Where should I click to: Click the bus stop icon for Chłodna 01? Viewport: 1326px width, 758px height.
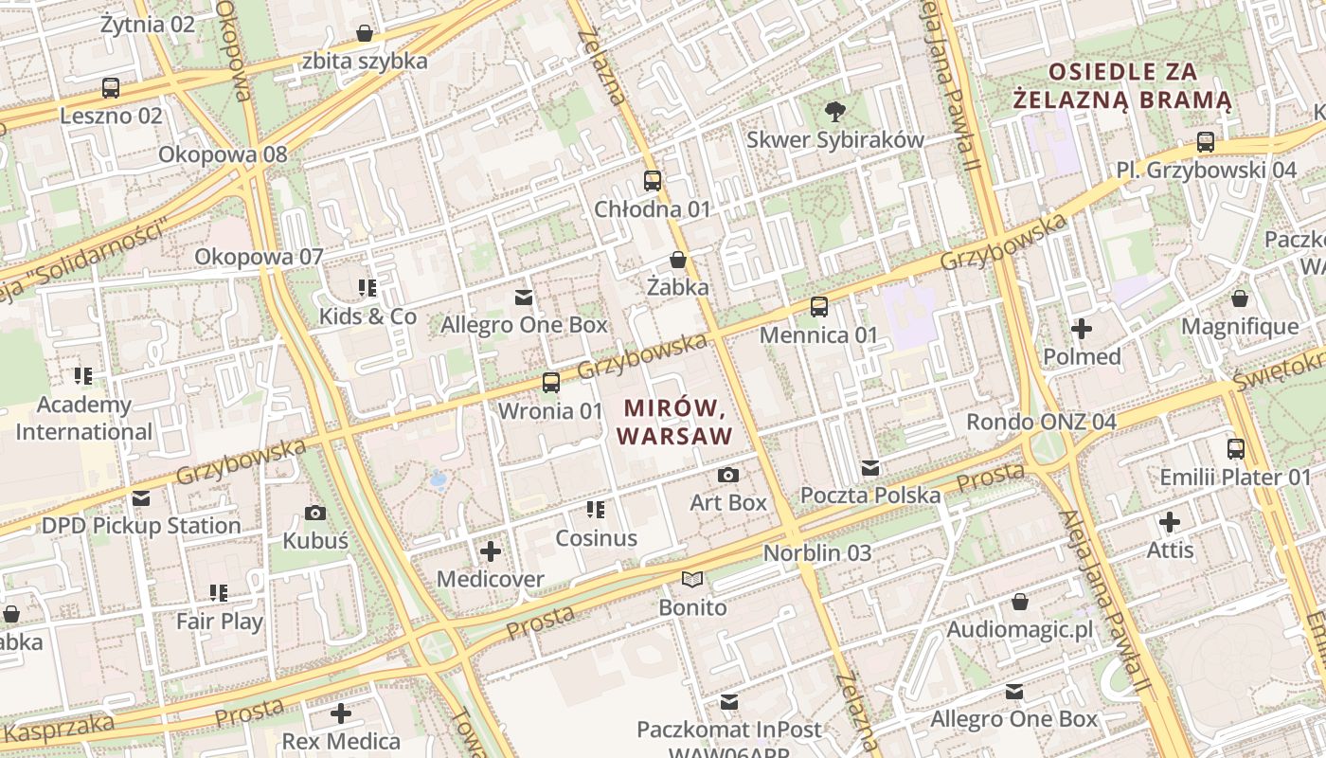(x=653, y=180)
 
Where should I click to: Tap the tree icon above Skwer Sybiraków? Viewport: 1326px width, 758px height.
(x=834, y=112)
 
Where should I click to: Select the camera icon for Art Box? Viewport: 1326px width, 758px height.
(x=727, y=475)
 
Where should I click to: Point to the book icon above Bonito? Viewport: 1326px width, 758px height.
(x=692, y=579)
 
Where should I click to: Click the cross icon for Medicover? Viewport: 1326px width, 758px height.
(x=491, y=550)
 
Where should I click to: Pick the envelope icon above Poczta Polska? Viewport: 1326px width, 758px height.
(x=870, y=467)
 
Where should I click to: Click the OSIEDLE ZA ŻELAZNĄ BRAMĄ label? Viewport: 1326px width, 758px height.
(x=1122, y=85)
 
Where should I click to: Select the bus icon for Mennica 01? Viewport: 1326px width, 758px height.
(x=819, y=306)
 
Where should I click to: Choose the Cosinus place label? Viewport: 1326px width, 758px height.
(x=596, y=538)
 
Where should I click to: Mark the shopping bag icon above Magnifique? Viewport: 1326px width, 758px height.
(x=1239, y=299)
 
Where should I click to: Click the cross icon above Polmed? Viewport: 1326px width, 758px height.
(x=1081, y=329)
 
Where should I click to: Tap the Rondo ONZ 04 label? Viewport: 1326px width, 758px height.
(x=1041, y=422)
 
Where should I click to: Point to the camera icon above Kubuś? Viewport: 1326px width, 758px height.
(x=315, y=513)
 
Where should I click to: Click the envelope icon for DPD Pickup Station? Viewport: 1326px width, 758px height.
(x=141, y=497)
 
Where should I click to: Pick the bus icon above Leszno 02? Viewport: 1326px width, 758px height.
(x=111, y=88)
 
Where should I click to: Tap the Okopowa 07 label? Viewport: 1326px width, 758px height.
(x=259, y=257)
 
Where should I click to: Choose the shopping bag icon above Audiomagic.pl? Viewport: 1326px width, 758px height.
(x=1019, y=602)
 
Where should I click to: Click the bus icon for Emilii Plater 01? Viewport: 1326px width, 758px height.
(x=1235, y=448)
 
